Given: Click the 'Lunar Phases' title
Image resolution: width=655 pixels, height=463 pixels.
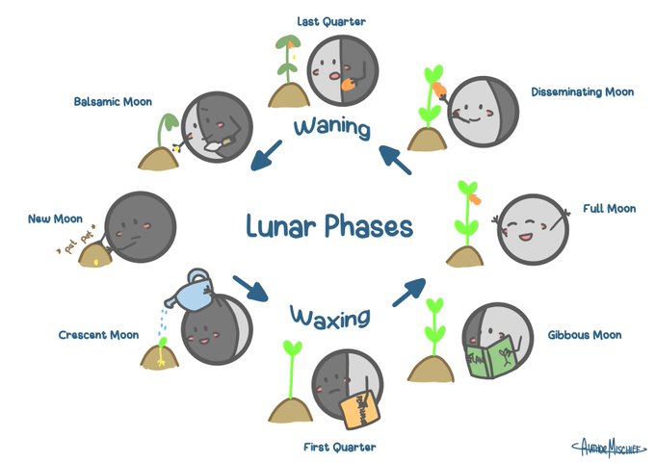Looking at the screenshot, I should pos(328,227).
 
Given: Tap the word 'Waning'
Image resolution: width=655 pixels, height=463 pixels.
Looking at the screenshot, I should pos(333,127).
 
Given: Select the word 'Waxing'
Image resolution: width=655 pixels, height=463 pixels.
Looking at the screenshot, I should pos(330,317).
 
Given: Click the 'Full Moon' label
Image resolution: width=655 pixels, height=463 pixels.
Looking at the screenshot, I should pos(606,208).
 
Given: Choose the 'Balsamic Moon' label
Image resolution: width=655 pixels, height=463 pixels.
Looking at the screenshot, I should pos(113,101).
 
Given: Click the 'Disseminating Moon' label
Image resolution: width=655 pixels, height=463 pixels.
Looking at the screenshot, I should pos(582,92).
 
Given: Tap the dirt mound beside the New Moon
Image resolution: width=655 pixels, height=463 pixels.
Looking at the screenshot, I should pos(93,254).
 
